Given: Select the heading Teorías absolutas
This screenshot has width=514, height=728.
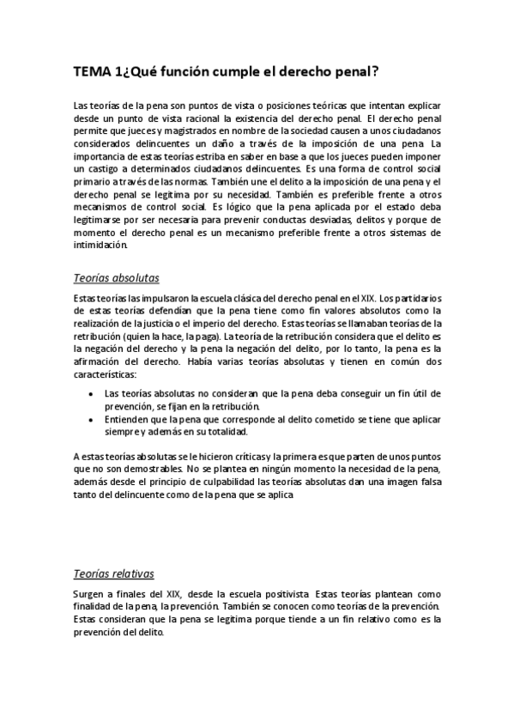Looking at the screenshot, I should (116, 279).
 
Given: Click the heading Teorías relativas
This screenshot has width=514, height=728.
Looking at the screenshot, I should (114, 573).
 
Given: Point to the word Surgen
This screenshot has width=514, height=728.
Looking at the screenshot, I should (90, 594).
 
